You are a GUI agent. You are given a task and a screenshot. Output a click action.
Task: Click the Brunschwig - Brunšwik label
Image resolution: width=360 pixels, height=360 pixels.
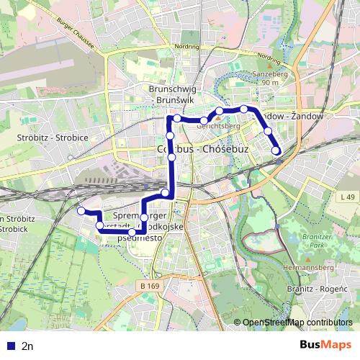tap(173, 94)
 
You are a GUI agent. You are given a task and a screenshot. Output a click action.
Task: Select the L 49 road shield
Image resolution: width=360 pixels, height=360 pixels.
tap(347, 197)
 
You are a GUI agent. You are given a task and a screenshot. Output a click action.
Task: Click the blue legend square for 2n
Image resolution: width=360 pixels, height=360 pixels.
tap(9, 346)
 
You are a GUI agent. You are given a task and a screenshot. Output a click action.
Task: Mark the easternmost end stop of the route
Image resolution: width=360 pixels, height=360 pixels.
tap(276, 150)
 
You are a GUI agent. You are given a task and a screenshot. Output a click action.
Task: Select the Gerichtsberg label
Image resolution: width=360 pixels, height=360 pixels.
tap(217, 125)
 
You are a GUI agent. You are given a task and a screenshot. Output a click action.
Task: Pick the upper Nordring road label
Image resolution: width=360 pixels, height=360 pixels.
tap(186, 46)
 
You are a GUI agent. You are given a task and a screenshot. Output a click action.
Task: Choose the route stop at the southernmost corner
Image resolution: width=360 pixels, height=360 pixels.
tap(132, 233)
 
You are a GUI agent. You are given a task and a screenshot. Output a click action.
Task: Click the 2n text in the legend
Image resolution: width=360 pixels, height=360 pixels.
tap(28, 346)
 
